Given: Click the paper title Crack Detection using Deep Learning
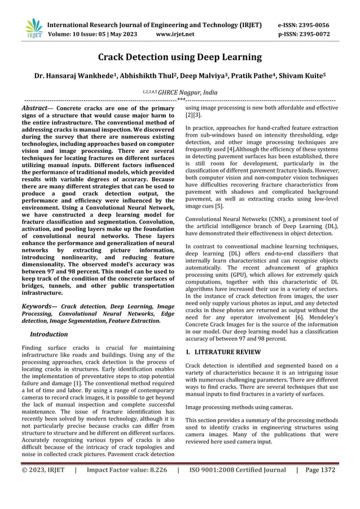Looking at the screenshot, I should (x=180, y=57).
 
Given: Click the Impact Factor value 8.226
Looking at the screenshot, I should (x=127, y=469).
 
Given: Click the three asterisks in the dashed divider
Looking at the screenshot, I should (x=181, y=99).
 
